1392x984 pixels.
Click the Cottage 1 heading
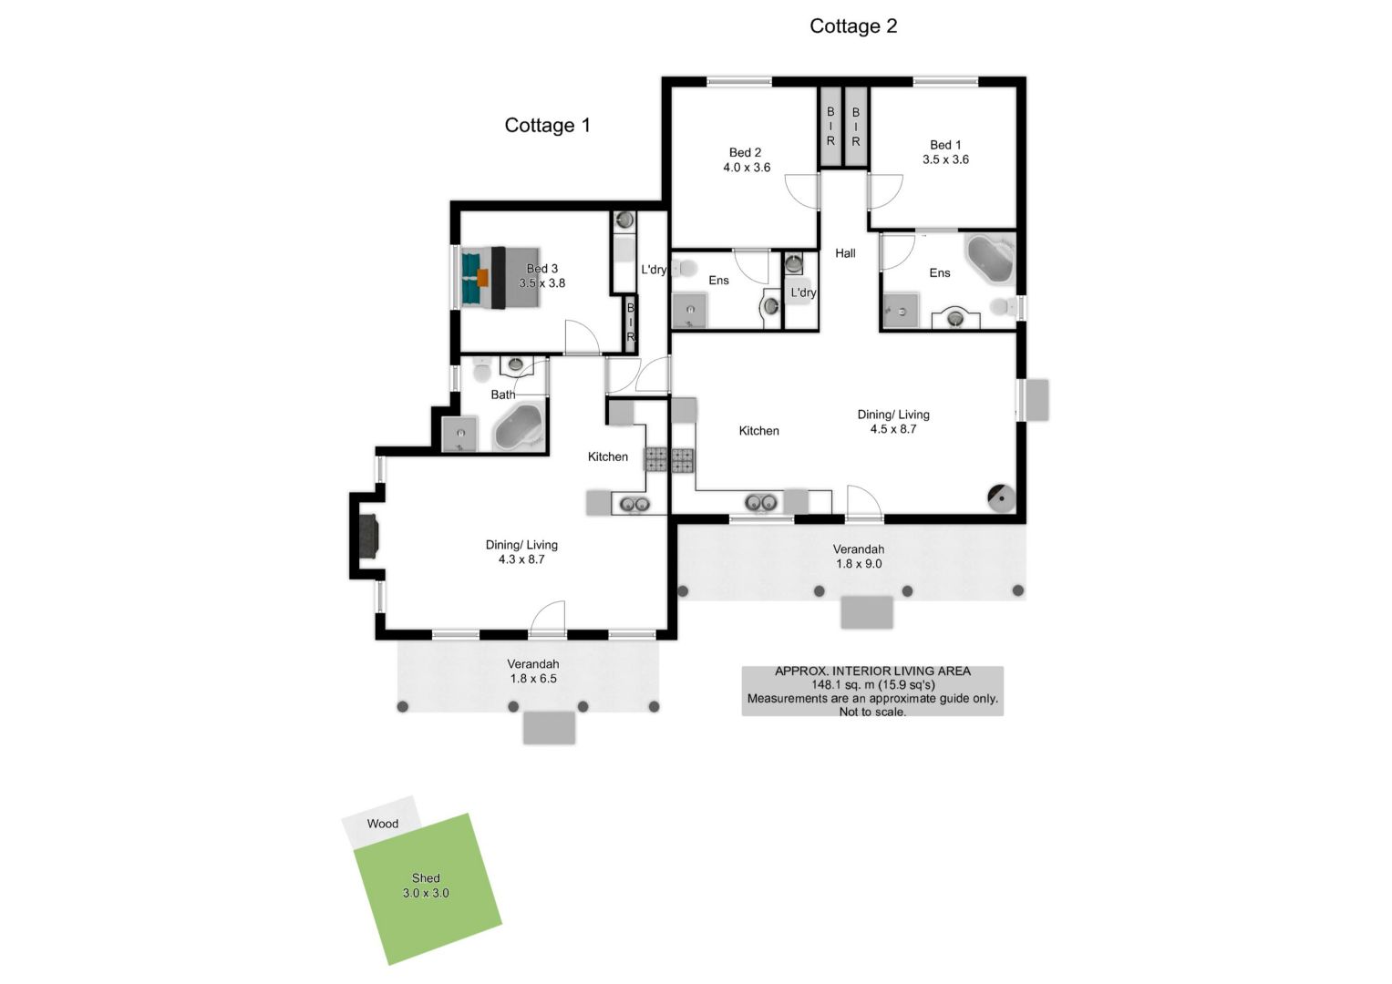[547, 126]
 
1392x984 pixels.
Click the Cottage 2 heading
[853, 26]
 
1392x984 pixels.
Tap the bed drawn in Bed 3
[500, 278]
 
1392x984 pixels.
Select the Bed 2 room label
[745, 152]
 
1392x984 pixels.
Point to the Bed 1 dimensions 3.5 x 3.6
[945, 159]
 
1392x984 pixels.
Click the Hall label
[845, 253]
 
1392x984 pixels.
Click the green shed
[428, 889]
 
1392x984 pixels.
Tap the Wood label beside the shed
[382, 824]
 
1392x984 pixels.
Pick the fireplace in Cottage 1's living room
[369, 536]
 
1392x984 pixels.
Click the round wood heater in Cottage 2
[1002, 498]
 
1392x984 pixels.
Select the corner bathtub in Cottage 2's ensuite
[989, 259]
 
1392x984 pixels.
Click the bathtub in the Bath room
[519, 427]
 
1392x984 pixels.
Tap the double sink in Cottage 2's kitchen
[761, 502]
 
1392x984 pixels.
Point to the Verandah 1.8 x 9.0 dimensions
[858, 564]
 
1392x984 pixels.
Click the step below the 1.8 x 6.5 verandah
[549, 728]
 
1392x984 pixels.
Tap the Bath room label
[502, 395]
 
